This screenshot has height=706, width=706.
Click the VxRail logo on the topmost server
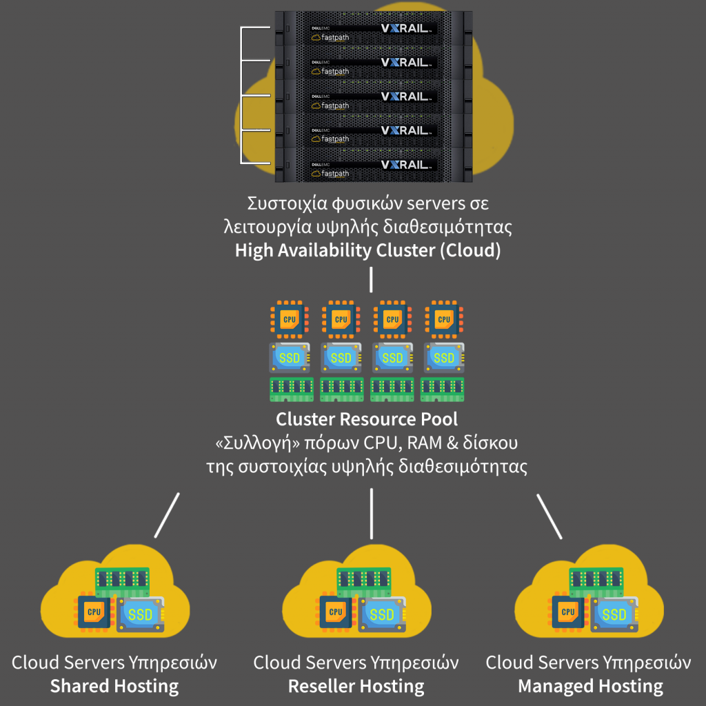[407, 28]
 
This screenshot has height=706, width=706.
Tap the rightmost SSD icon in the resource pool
[443, 358]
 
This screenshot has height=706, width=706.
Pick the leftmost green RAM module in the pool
[291, 390]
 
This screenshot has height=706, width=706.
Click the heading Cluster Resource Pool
[367, 419]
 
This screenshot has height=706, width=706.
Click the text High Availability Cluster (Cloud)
[367, 250]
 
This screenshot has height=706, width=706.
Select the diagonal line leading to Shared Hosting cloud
[168, 514]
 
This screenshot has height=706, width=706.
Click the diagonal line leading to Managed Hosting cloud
[549, 514]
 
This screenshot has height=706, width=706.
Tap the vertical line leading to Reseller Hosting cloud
[372, 514]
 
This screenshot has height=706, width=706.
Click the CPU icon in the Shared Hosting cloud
[94, 612]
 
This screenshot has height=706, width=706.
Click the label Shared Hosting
[114, 687]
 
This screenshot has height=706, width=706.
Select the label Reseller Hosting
[356, 687]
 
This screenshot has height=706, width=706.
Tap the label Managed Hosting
[590, 687]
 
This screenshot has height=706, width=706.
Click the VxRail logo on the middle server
[407, 97]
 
